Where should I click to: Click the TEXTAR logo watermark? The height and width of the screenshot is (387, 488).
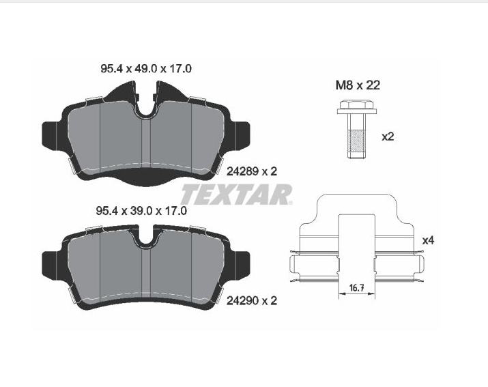pyautogui.click(x=237, y=195)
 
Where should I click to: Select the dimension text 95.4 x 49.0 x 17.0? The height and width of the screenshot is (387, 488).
pyautogui.click(x=146, y=69)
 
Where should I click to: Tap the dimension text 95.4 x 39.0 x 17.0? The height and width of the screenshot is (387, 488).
pyautogui.click(x=141, y=211)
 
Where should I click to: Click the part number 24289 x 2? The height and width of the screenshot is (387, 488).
pyautogui.click(x=251, y=171)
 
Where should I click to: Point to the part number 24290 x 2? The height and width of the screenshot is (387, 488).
pyautogui.click(x=251, y=301)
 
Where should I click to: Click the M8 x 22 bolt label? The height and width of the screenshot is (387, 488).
pyautogui.click(x=358, y=85)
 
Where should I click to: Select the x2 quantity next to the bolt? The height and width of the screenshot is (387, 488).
pyautogui.click(x=388, y=137)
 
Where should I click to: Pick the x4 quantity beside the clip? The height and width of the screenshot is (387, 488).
pyautogui.click(x=428, y=240)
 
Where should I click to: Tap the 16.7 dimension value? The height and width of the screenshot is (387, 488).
pyautogui.click(x=357, y=287)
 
